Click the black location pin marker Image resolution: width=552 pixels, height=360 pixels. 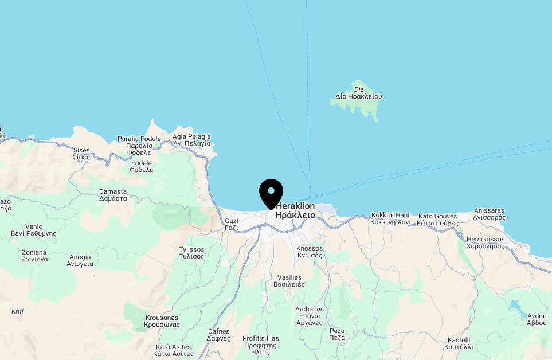(x=271, y=193)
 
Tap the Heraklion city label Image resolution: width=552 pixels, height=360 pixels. (x=295, y=210)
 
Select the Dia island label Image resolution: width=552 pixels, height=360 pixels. (x=359, y=93)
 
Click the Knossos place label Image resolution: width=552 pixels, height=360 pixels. (x=310, y=252)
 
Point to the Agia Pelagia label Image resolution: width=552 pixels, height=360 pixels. (x=191, y=140)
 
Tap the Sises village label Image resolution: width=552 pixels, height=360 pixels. (x=81, y=154)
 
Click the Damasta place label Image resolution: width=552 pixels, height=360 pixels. (x=113, y=195)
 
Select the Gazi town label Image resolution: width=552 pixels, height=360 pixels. (x=231, y=224)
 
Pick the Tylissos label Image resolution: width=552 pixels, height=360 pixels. (x=191, y=253)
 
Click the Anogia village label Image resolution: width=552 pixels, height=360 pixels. (x=80, y=260)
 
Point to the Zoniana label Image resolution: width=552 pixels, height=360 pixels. (x=34, y=256)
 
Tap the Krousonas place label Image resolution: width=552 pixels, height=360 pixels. (x=162, y=321)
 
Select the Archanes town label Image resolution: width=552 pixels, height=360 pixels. (x=310, y=316)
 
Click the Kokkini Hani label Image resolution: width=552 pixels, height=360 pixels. (x=390, y=218)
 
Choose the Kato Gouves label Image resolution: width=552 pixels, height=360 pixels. (x=437, y=220)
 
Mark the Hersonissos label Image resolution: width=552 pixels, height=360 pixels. (x=486, y=242)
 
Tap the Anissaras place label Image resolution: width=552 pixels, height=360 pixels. (x=490, y=214)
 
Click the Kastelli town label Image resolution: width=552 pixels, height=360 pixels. (x=459, y=343)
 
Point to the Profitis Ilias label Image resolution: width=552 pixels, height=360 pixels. (x=261, y=342)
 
